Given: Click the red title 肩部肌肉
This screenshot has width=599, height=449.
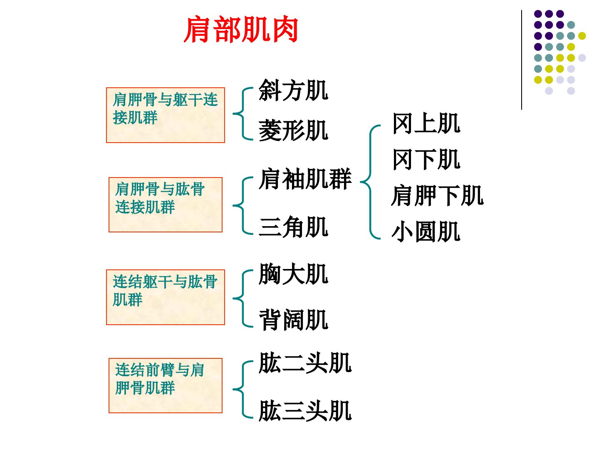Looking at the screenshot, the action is (241, 30).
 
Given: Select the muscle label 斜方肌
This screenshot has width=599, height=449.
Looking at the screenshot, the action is (293, 90).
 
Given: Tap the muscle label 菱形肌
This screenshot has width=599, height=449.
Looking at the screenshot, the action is (293, 131).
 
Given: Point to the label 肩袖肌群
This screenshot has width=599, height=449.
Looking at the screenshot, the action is (305, 179).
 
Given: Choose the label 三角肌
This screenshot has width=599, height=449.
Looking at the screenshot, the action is (293, 227).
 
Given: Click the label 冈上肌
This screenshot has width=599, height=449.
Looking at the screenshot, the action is (426, 123).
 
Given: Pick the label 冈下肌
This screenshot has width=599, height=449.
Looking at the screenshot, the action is (426, 160).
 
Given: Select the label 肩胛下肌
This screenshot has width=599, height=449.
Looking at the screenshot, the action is (438, 195).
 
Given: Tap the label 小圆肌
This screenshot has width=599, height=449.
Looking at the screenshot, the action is (426, 232).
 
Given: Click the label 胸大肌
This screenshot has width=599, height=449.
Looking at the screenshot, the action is (293, 274).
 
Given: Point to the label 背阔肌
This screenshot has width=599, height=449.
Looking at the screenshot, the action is (293, 320).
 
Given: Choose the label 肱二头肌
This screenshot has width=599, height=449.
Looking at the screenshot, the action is (305, 363).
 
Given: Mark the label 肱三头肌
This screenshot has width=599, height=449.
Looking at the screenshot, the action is (305, 411).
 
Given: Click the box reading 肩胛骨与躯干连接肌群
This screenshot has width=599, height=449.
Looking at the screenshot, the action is (166, 115).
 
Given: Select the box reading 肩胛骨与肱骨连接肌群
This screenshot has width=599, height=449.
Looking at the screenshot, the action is (166, 205).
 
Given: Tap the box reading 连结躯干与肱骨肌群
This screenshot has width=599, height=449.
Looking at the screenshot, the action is (166, 297).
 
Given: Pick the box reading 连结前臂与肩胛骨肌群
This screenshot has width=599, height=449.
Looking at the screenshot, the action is (166, 385).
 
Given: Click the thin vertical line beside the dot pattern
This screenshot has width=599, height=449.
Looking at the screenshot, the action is (522, 60).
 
